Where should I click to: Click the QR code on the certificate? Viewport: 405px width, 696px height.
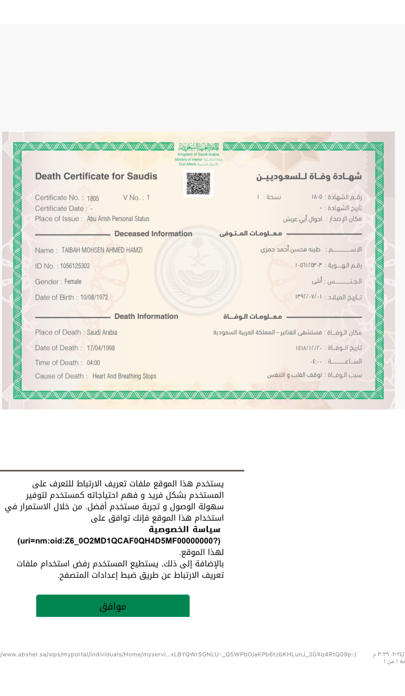pyautogui.click(x=198, y=184)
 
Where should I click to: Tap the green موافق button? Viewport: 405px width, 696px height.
pyautogui.click(x=113, y=606)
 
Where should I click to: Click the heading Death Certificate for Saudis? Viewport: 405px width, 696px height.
pyautogui.click(x=96, y=176)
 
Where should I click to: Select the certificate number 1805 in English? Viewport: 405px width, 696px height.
pyautogui.click(x=93, y=198)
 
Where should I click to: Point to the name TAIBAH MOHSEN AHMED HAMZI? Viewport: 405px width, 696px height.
pyautogui.click(x=102, y=250)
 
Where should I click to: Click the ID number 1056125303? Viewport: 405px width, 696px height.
pyautogui.click(x=75, y=266)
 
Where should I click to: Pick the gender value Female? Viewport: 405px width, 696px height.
pyautogui.click(x=73, y=282)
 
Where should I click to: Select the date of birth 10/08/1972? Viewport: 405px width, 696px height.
pyautogui.click(x=94, y=297)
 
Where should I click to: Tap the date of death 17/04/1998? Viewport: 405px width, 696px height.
pyautogui.click(x=101, y=348)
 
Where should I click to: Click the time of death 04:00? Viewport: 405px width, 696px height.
pyautogui.click(x=93, y=363)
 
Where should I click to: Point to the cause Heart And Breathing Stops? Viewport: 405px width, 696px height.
pyautogui.click(x=124, y=376)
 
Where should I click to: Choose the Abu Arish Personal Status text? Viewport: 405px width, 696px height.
pyautogui.click(x=118, y=219)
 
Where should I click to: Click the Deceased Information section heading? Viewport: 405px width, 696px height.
pyautogui.click(x=153, y=234)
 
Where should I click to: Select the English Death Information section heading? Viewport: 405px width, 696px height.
pyautogui.click(x=146, y=316)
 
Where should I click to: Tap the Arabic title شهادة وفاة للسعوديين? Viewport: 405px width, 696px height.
pyautogui.click(x=309, y=176)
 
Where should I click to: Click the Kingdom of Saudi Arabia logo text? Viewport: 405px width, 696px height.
pyautogui.click(x=198, y=154)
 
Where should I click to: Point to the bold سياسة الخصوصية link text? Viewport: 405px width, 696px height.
pyautogui.click(x=184, y=529)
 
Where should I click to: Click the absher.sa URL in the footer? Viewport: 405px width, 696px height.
pyautogui.click(x=178, y=654)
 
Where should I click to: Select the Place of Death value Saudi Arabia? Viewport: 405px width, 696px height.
pyautogui.click(x=102, y=332)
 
